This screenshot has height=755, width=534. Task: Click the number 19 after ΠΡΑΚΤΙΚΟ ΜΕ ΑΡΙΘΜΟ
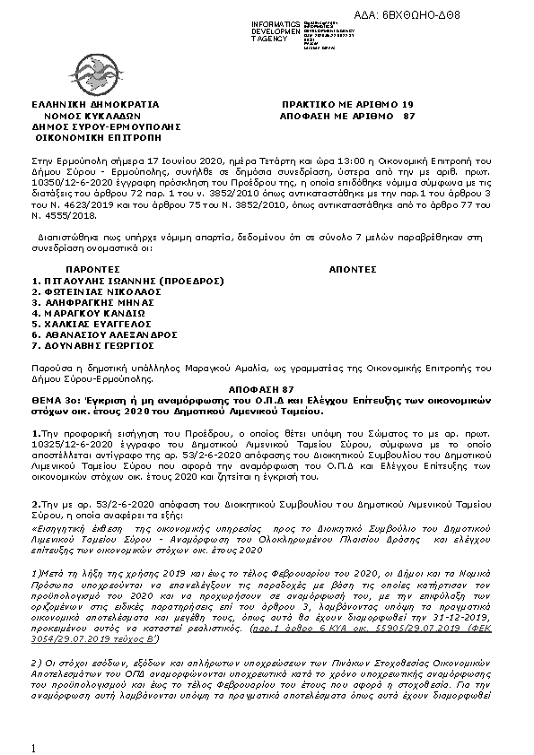(x=408, y=105)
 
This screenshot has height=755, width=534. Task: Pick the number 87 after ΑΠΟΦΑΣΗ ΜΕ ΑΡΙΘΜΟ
(x=408, y=117)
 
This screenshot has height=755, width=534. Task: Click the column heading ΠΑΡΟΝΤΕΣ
(x=93, y=268)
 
